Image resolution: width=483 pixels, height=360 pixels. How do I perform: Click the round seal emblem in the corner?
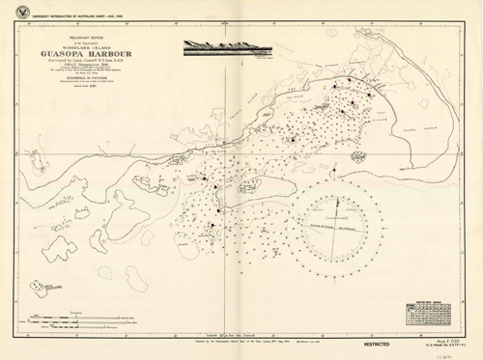[x=12, y=12]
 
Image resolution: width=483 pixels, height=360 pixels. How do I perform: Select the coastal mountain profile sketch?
[x=216, y=44]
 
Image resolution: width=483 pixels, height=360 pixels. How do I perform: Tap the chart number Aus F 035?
[x=440, y=337]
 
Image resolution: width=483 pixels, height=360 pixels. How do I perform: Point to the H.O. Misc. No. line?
[x=440, y=343]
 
